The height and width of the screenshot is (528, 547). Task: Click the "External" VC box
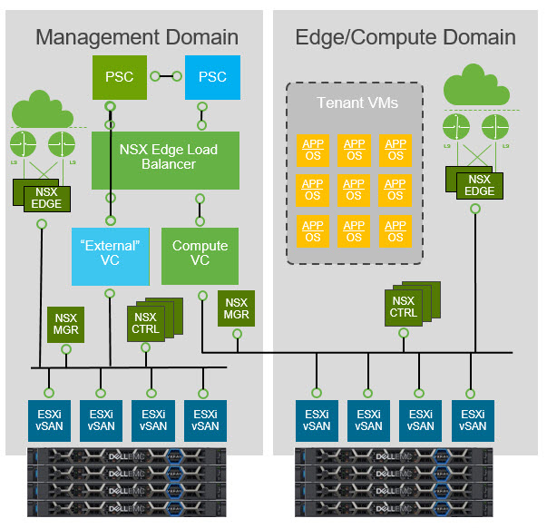pos(109,254)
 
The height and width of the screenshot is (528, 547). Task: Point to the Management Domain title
pos(137,37)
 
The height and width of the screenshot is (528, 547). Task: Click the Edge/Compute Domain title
pos(405,37)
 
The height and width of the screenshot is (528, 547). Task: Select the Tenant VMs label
pos(355,103)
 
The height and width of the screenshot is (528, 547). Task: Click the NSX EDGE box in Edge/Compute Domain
pos(478,183)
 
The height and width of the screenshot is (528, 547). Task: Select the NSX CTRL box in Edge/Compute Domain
pos(404,307)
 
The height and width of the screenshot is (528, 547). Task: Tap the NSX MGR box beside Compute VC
pos(237,309)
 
